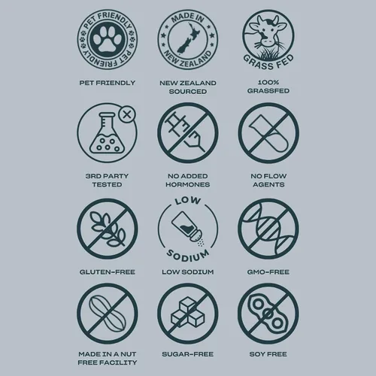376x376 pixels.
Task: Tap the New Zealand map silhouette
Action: coord(188,38)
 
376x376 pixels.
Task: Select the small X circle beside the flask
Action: coord(127,115)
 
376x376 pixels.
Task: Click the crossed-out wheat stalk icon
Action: coord(108,229)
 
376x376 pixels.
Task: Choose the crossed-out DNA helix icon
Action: coord(268,229)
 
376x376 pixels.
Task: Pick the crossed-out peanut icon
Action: coord(108,314)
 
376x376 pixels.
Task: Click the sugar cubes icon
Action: coord(188,314)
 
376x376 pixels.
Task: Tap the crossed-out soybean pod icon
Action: coord(268,314)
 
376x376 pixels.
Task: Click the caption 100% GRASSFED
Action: coord(268,86)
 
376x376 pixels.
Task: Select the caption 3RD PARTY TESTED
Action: coord(107,180)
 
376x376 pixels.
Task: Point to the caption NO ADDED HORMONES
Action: coord(188,180)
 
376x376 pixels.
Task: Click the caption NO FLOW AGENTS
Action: coord(268,180)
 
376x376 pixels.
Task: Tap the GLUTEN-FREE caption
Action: coord(108,272)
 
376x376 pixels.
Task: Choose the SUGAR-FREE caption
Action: coord(188,354)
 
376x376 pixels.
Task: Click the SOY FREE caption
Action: coord(268,354)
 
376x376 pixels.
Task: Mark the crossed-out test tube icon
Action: coord(268,132)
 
